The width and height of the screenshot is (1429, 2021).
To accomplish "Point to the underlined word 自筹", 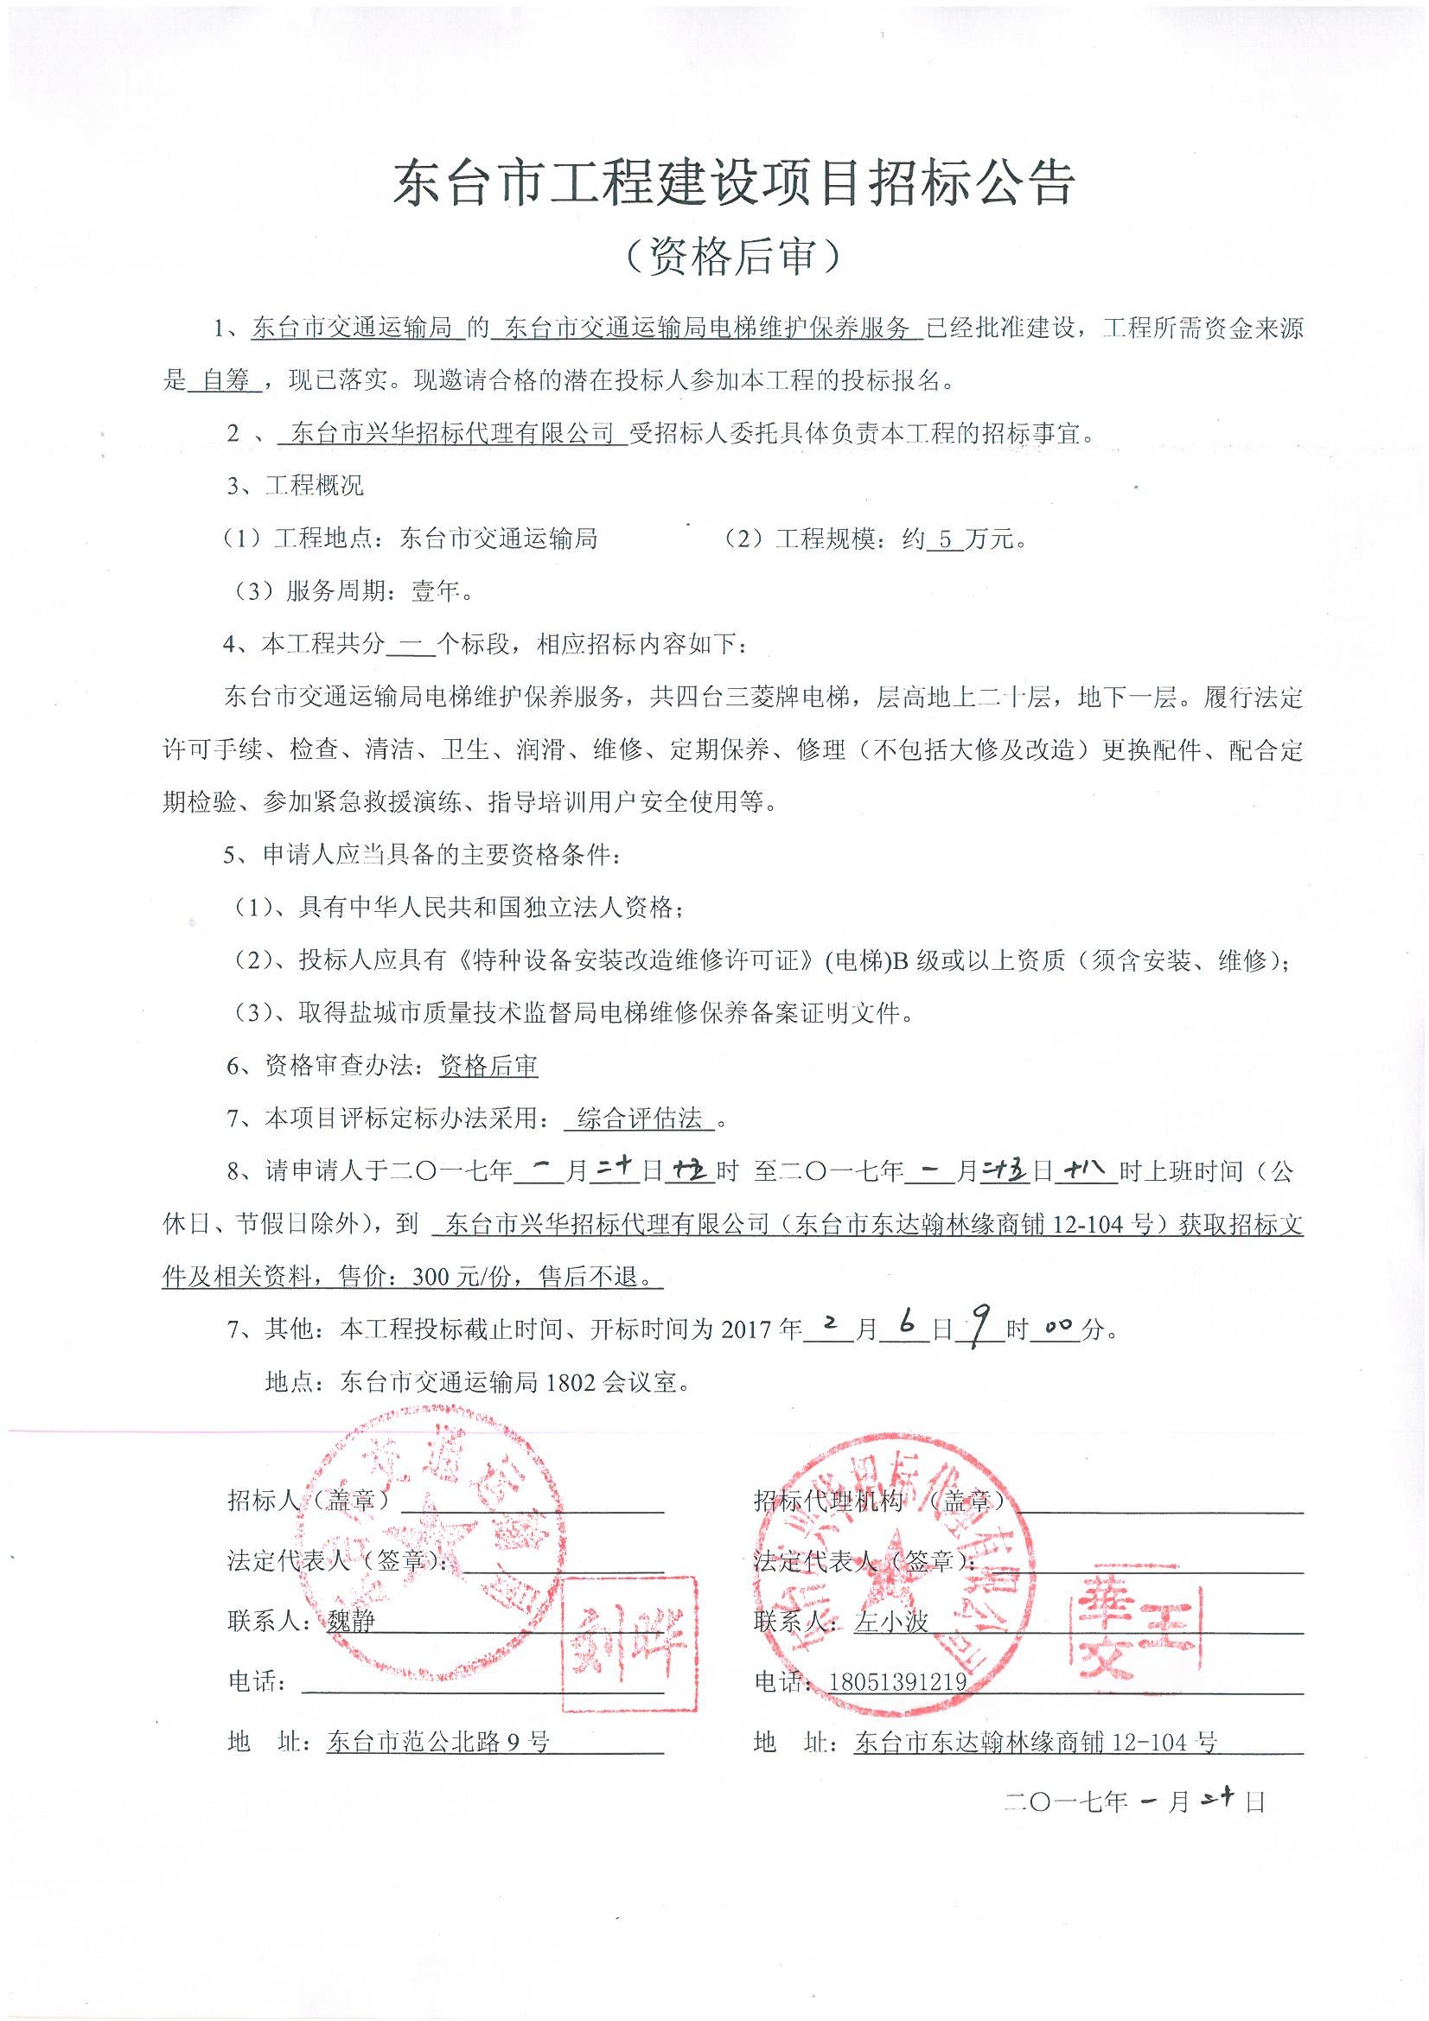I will pyautogui.click(x=226, y=380).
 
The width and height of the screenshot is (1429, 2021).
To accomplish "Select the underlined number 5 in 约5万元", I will pyautogui.click(x=945, y=539).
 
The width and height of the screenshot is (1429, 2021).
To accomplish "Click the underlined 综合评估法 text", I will pyautogui.click(x=639, y=1119).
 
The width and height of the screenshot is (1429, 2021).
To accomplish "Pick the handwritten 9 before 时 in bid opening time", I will pyautogui.click(x=974, y=1327).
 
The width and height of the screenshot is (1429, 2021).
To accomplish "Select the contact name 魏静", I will pyautogui.click(x=350, y=1621).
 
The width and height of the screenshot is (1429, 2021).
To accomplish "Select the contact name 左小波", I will pyautogui.click(x=891, y=1621).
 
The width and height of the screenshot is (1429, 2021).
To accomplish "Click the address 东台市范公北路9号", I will pyautogui.click(x=437, y=1741).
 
